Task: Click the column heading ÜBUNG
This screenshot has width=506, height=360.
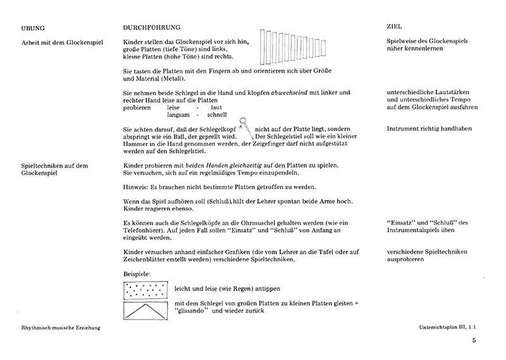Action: click(x=32, y=28)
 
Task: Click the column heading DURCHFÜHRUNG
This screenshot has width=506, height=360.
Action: click(x=152, y=28)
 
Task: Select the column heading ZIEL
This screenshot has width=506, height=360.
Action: click(x=394, y=28)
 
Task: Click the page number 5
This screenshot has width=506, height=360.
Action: click(x=474, y=341)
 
